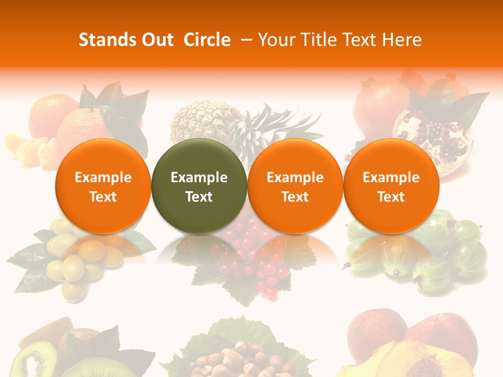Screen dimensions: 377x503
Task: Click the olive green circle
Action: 199,186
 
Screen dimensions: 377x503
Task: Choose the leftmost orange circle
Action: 103,186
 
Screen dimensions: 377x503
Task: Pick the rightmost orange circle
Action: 391,186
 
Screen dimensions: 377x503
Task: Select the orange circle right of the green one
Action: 295,186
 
